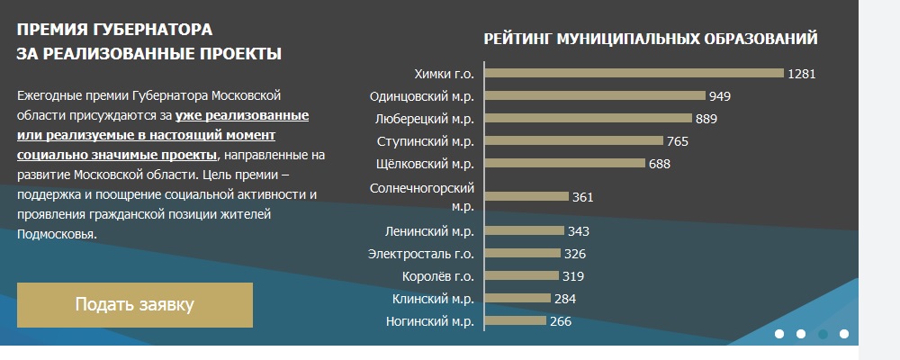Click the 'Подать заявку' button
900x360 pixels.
tap(134, 304)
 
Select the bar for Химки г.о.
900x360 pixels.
tap(634, 74)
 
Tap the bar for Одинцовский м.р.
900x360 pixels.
tap(596, 96)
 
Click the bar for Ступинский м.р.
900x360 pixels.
tap(575, 141)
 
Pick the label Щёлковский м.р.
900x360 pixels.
tap(425, 164)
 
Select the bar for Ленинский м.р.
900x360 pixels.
tap(526, 231)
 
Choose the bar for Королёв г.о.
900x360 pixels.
tap(522, 276)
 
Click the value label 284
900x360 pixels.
tap(565, 299)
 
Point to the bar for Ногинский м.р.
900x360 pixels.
tap(517, 321)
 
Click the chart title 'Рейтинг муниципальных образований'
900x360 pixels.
tap(651, 39)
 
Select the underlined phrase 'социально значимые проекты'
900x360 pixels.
tap(117, 155)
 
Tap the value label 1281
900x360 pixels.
tap(801, 74)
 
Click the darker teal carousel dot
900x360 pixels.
tap(823, 334)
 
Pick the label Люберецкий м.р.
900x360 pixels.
tap(423, 119)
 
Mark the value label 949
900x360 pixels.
tap(720, 96)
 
